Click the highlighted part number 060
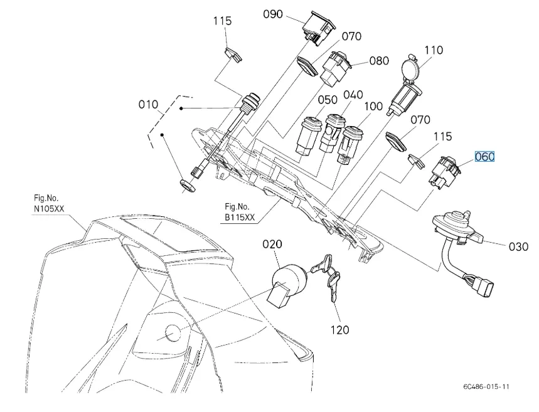coord(484,157)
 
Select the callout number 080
coord(379,61)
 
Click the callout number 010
coord(149,104)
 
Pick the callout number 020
coord(272,244)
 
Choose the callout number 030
coord(518,246)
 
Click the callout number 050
coord(328,100)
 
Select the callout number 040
coord(353,95)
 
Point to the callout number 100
coord(373,107)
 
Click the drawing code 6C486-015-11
coord(483,386)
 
